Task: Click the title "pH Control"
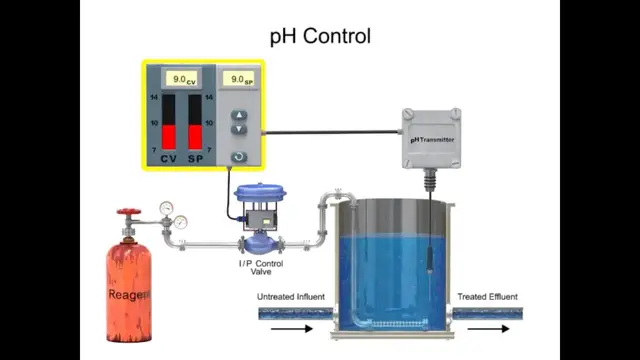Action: pyautogui.click(x=320, y=37)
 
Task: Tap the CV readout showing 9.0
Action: pyautogui.click(x=181, y=77)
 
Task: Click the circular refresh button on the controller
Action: pyautogui.click(x=238, y=156)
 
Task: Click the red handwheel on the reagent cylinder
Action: pyautogui.click(x=127, y=213)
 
